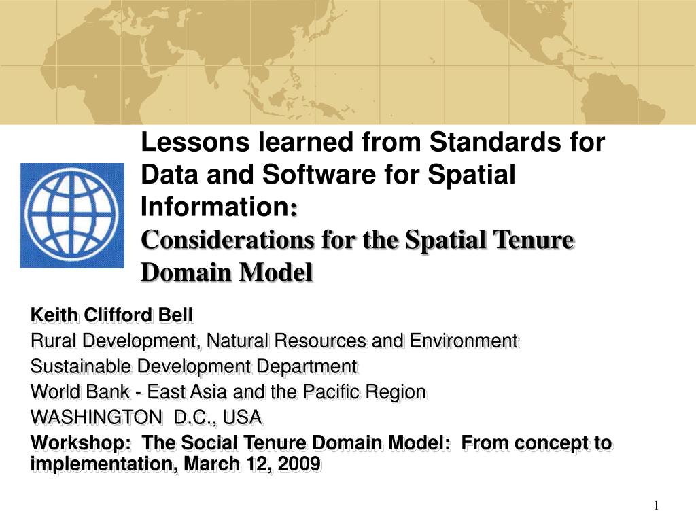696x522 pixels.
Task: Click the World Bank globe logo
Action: [72, 215]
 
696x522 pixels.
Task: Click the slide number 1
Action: [656, 505]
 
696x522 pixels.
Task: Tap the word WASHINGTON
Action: [97, 418]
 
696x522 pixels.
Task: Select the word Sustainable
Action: [82, 366]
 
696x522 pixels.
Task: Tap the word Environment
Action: [464, 341]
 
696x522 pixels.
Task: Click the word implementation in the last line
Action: [104, 464]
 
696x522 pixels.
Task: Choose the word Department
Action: [307, 366]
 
